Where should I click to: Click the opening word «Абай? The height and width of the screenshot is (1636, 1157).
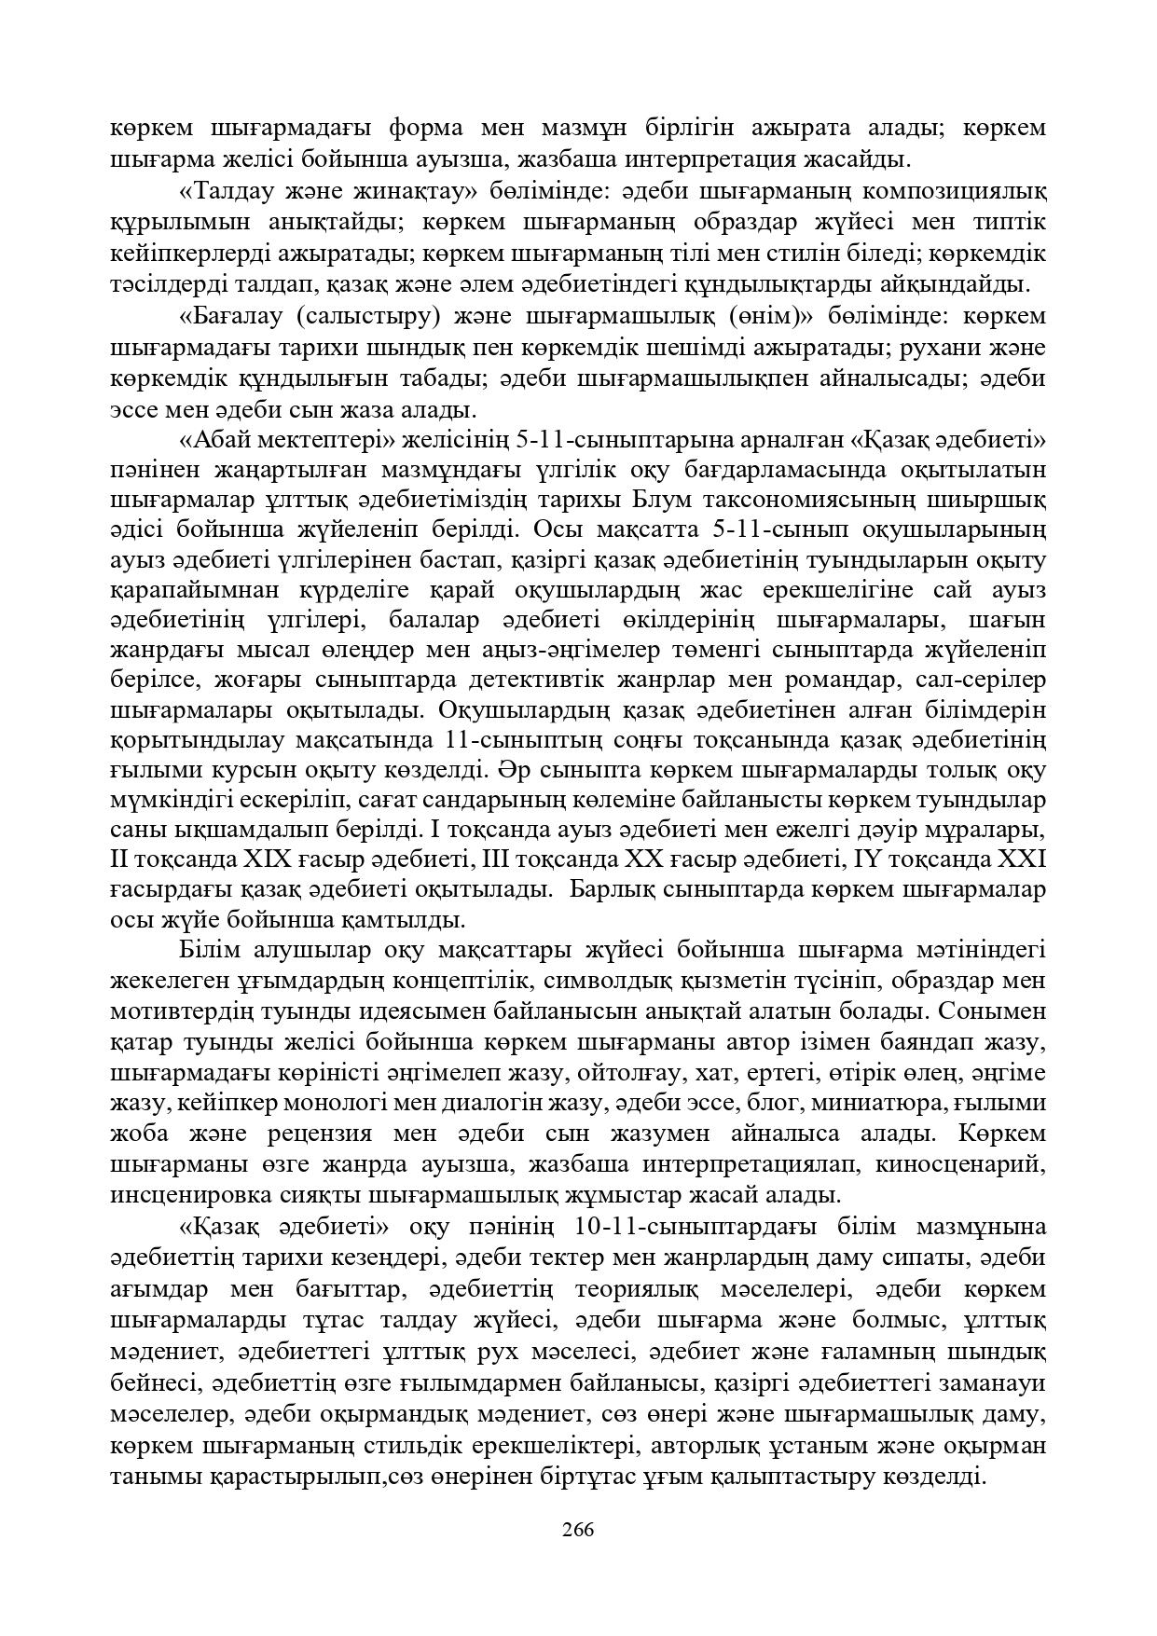[x=207, y=438]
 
